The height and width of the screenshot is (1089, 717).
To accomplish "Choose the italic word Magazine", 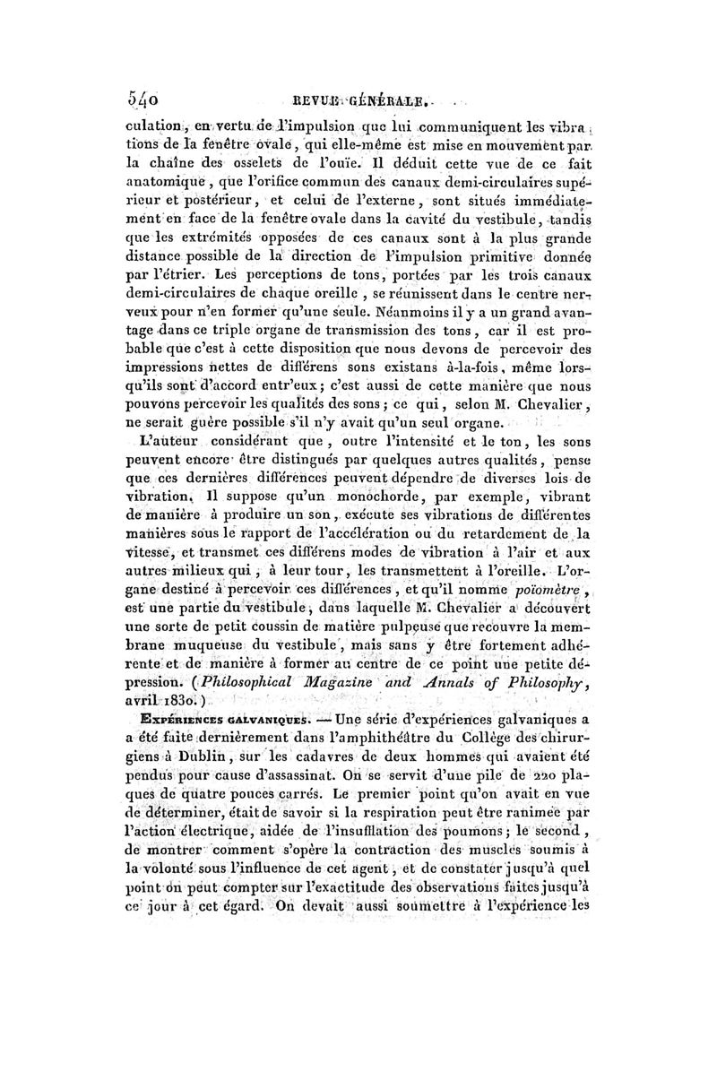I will tap(359, 656).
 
